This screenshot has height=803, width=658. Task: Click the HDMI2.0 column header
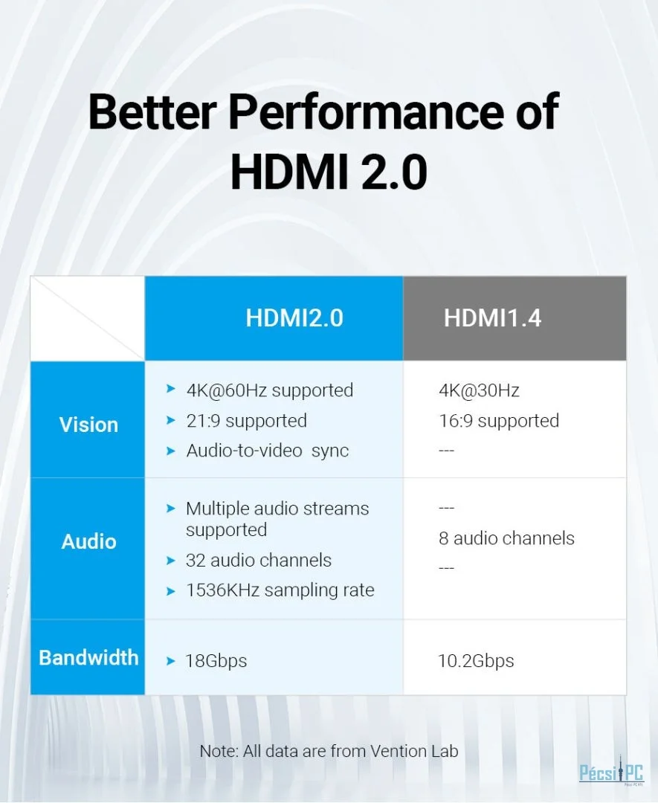pos(294,317)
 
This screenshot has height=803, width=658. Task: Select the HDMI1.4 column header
pos(492,317)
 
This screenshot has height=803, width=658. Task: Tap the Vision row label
pos(88,425)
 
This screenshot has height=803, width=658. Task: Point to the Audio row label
pos(88,541)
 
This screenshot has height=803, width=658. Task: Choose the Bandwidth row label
pos(88,657)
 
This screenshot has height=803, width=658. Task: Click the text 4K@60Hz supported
pos(270,390)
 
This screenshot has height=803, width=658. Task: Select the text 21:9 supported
pos(246,420)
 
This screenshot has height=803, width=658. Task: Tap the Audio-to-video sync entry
pos(268,451)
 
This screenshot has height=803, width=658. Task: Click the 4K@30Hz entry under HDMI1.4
pos(479,390)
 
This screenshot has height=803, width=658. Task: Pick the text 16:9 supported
pos(499,420)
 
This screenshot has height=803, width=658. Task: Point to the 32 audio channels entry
pos(259,560)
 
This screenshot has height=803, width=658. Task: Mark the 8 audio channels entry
pos(506,538)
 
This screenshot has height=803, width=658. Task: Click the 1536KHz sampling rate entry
pos(280,590)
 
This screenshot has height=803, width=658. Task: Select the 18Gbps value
pos(216,661)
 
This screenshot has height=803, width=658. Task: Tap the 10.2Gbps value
pos(476,661)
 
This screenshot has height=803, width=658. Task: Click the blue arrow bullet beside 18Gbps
pos(171,661)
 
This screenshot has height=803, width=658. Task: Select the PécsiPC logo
pos(611,771)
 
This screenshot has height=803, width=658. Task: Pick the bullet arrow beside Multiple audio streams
pos(171,508)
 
